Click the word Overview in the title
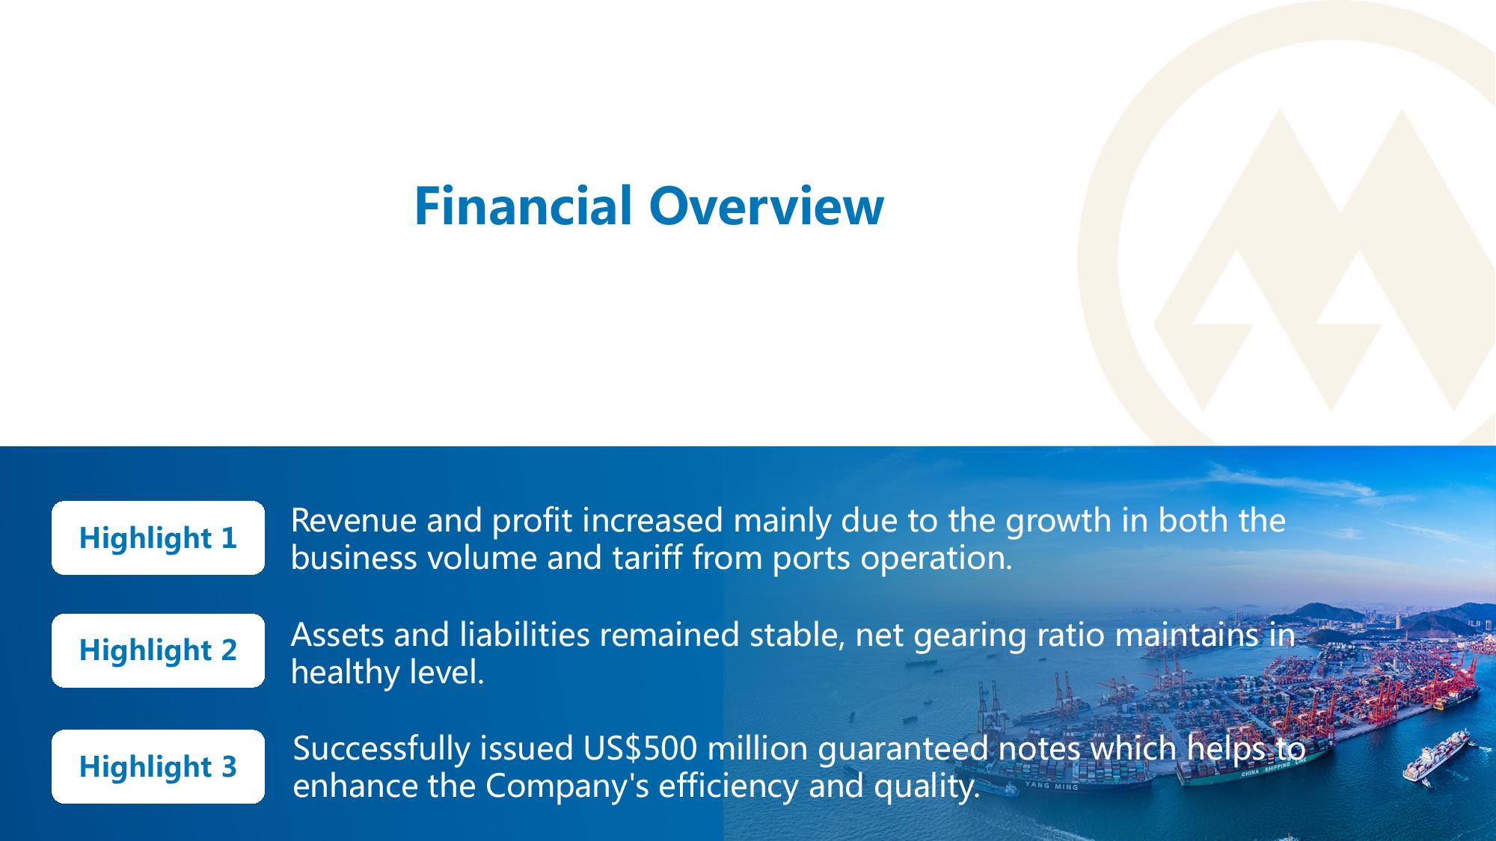click(767, 206)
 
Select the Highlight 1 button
click(158, 538)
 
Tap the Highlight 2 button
click(158, 650)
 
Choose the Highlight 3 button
click(158, 767)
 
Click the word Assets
click(337, 635)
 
